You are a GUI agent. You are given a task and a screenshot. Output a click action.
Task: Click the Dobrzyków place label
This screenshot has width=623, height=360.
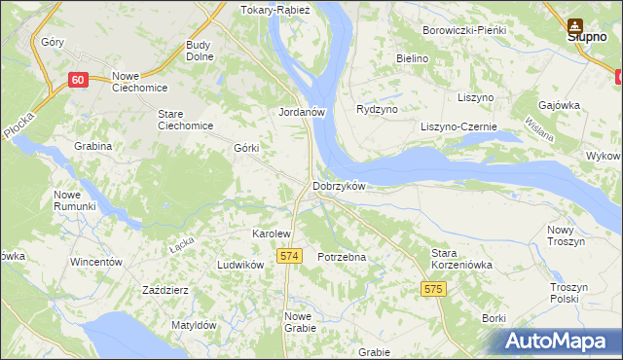(x=338, y=186)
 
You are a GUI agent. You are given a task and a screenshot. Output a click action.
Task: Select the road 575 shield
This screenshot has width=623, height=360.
(x=434, y=289)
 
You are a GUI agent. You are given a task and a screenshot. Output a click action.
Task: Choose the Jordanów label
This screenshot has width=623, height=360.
(x=301, y=112)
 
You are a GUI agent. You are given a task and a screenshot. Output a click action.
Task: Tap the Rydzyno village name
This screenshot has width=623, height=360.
(x=378, y=109)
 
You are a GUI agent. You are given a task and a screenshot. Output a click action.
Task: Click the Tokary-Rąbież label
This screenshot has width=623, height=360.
(x=274, y=11)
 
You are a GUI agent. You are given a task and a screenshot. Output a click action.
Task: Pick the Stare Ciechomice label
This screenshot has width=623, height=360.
(x=184, y=120)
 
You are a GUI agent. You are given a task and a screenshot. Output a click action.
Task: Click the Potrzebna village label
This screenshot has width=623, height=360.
(x=342, y=257)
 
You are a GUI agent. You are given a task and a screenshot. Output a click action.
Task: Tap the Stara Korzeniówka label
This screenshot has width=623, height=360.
(x=462, y=259)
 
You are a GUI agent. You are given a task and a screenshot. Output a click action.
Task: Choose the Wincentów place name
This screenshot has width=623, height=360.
(x=95, y=263)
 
